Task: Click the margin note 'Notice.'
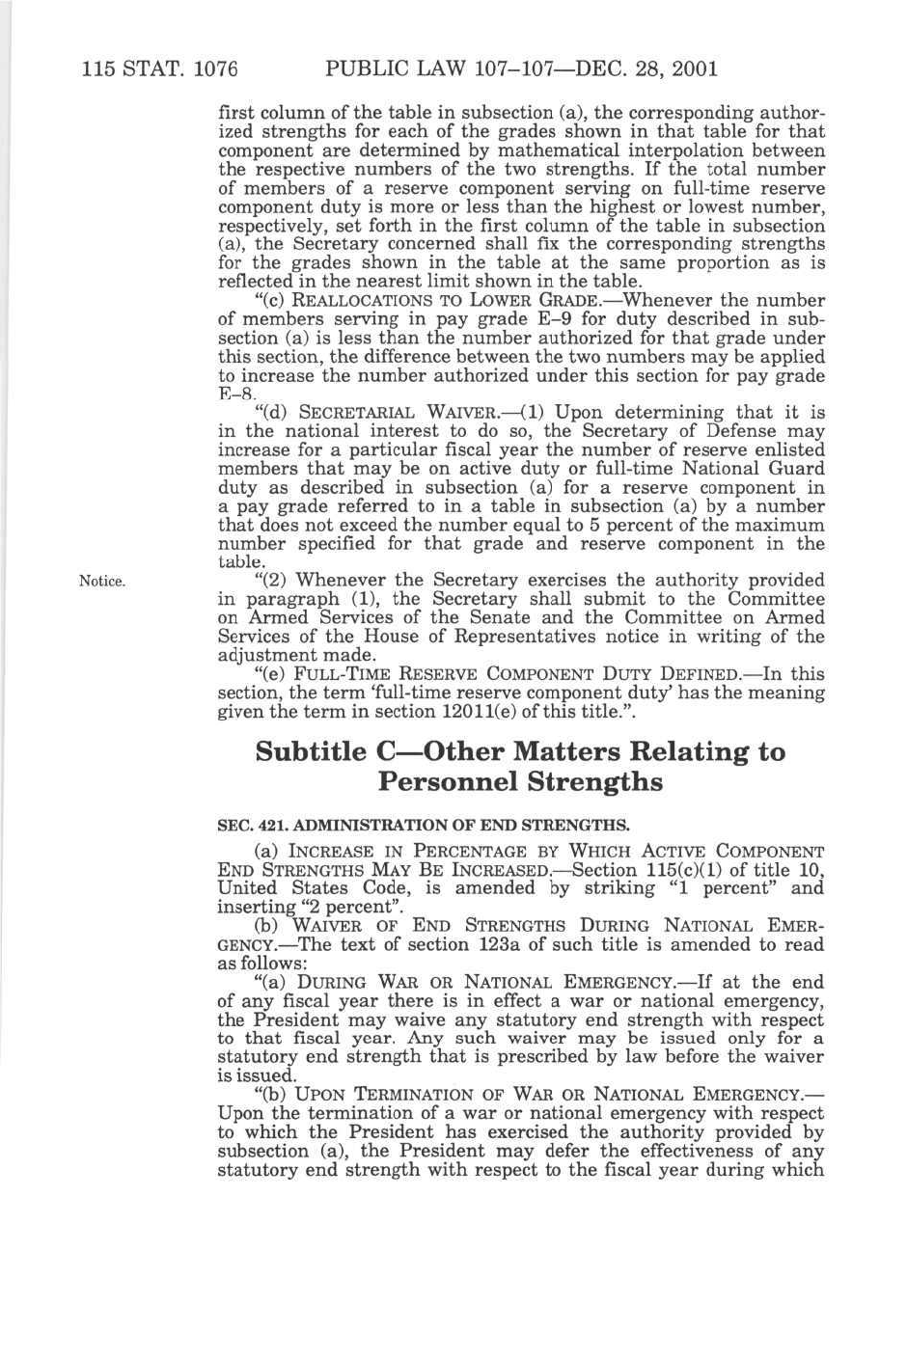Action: (102, 582)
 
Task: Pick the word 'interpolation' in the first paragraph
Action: (679, 150)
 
